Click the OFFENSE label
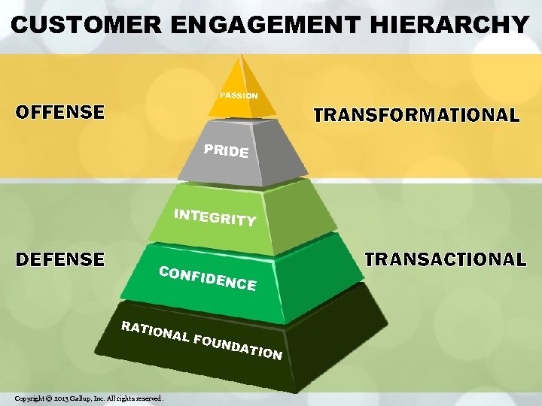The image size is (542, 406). (61, 113)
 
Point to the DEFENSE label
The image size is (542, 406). (60, 259)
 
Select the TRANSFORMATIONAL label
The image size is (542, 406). (416, 115)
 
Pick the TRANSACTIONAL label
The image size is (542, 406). (445, 259)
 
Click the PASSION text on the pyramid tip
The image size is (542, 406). (239, 96)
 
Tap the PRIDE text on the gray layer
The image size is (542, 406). (226, 150)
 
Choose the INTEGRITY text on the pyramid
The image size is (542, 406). (215, 217)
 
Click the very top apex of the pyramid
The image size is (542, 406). (240, 54)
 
